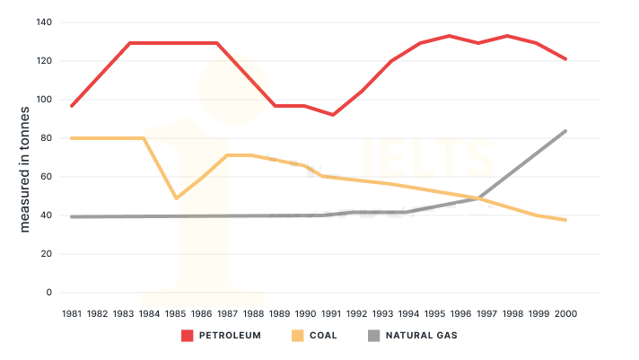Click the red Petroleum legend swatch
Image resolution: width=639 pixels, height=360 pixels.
pos(188,336)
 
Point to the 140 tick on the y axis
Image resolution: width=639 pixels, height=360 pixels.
pos(43,22)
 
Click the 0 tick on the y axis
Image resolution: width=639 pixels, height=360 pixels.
pos(49,293)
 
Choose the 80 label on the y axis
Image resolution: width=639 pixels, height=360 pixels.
pos(46,138)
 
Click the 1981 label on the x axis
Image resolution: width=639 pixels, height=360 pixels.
pos(72,313)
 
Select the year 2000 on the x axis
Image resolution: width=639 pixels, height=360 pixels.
pos(565,313)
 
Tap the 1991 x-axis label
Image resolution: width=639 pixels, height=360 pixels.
pos(331,313)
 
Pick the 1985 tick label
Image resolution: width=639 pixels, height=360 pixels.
pos(176,313)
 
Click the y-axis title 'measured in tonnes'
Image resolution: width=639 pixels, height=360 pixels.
pos(25,170)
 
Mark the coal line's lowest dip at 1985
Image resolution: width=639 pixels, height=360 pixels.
pos(176,198)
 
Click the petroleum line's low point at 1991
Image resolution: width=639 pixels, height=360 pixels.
pos(332,115)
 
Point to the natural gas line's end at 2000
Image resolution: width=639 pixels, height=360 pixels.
pos(565,131)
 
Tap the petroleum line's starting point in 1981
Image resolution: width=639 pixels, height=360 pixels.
pos(72,106)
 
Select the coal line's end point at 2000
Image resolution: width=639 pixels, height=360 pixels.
pos(565,220)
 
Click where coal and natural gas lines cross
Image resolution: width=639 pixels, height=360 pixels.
pos(481,198)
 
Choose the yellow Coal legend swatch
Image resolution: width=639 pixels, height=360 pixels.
pos(298,336)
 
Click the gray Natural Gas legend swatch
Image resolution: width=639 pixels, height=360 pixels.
pos(376,336)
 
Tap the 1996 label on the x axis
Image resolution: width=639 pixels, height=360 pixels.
pos(461,313)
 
